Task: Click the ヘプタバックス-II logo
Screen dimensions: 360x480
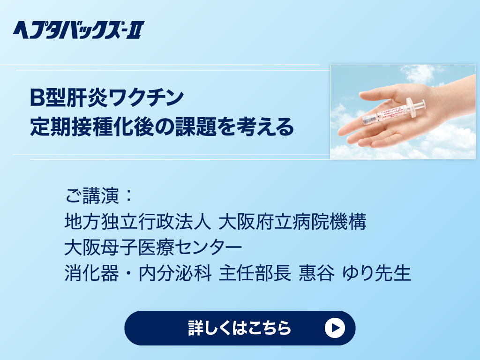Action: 78,30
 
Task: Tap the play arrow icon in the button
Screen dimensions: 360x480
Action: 335,328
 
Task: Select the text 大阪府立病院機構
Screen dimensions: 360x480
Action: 292,222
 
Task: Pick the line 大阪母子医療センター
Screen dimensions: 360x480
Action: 153,247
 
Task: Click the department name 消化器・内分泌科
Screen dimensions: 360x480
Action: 138,273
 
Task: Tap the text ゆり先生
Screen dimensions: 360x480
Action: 377,273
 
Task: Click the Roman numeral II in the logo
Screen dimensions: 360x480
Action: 135,30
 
